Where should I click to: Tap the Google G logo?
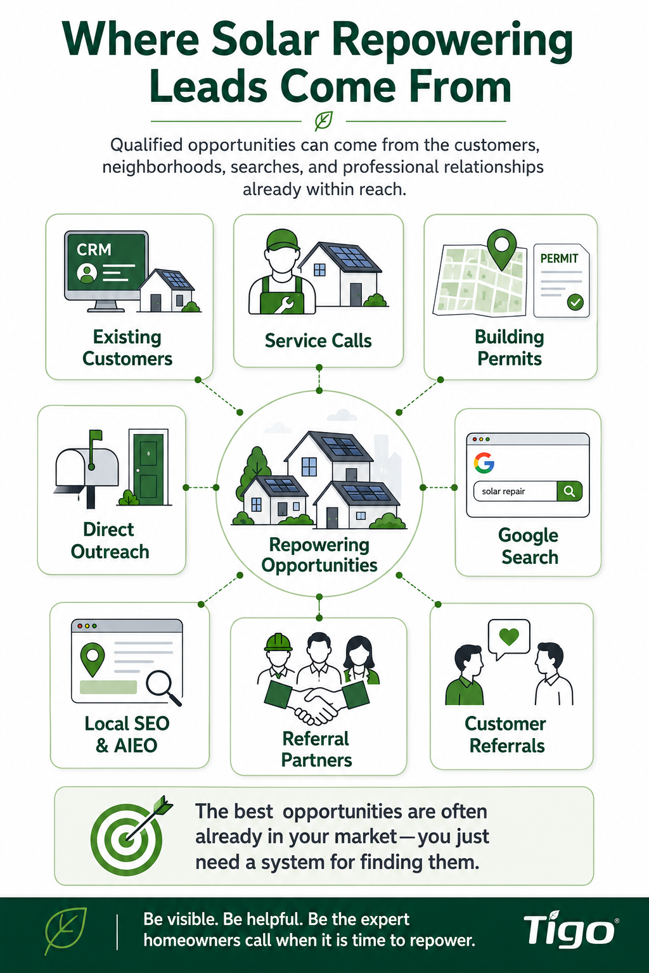pos(484,462)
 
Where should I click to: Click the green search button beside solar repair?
pos(569,492)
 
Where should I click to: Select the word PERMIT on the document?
pos(559,258)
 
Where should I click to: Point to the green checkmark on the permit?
pos(575,302)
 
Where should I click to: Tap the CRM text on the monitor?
pos(94,250)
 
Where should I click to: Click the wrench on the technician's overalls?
pos(283,303)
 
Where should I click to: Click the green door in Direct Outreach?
pos(148,468)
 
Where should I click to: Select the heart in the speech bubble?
pos(509,637)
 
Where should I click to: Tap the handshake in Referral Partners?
pos(316,703)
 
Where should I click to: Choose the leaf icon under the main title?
pos(324,121)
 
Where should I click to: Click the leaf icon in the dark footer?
pos(66,931)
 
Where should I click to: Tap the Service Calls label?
pos(318,341)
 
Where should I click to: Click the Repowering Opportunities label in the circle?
pos(319,555)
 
